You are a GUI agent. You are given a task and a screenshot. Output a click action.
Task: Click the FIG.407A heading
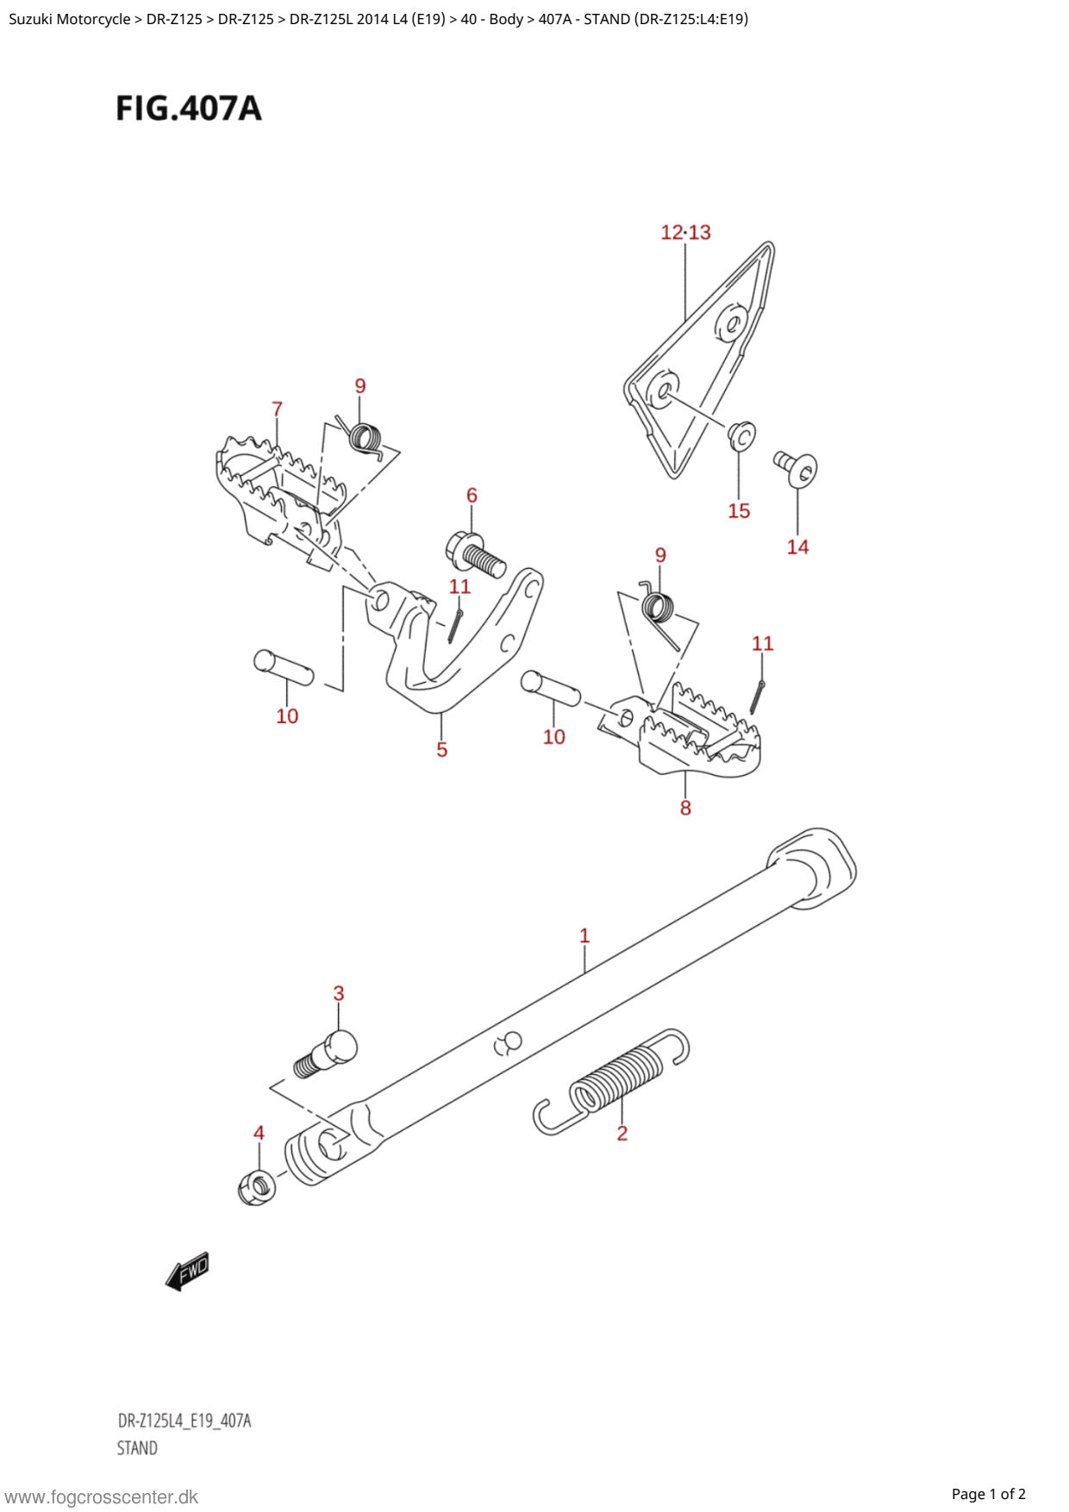pos(189,109)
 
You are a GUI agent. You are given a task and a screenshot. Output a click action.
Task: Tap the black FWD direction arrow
pos(187,1271)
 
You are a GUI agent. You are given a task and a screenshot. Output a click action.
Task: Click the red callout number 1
pos(585,935)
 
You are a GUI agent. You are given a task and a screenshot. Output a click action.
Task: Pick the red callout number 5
pos(441,750)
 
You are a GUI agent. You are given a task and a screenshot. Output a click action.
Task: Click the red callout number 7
pos(277,409)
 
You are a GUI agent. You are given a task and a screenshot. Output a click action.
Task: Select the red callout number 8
pos(685,808)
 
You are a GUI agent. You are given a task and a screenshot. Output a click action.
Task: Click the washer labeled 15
pos(741,436)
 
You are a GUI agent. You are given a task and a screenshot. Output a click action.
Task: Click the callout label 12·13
pos(685,233)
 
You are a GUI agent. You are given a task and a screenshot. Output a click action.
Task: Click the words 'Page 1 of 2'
pos(988,1494)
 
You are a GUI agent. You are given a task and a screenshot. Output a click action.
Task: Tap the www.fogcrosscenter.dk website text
pos(101,1497)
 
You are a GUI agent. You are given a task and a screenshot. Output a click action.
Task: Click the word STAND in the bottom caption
pos(138,1448)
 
